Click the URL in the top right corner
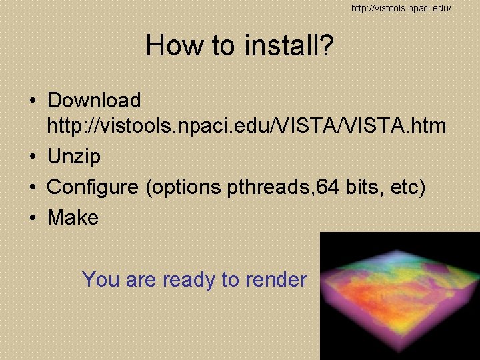pos(401,8)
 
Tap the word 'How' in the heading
pos(169,45)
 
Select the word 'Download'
pos(94,101)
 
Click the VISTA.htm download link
pos(247,125)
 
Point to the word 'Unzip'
pos(73,157)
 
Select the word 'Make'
pos(73,217)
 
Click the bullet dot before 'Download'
pos(32,101)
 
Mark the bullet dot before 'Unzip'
pos(32,157)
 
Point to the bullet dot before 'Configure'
pos(32,188)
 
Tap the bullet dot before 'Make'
pos(32,218)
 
